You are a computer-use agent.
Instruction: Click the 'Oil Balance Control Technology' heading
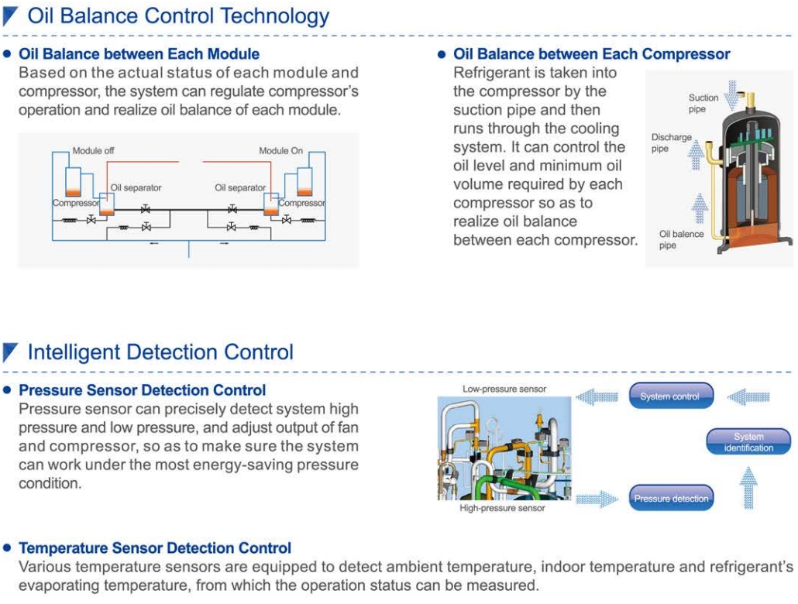(x=178, y=15)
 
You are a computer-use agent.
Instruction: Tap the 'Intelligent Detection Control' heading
(x=160, y=352)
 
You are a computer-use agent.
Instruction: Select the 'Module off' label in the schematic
(x=93, y=151)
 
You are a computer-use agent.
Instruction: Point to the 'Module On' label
(x=280, y=151)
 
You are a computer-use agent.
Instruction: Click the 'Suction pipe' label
(x=703, y=103)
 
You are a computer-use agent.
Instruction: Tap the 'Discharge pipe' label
(x=671, y=143)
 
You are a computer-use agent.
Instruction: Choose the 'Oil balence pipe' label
(x=681, y=240)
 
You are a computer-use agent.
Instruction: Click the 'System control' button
(x=671, y=396)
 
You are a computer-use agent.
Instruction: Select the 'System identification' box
(x=748, y=441)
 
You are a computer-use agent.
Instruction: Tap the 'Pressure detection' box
(x=671, y=498)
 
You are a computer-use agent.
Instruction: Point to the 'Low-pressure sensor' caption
(x=504, y=390)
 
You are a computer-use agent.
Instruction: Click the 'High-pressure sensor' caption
(x=502, y=508)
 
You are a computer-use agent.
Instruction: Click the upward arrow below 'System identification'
(x=748, y=488)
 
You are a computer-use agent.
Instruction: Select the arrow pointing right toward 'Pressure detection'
(x=597, y=499)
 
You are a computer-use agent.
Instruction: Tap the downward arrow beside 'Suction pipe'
(x=731, y=95)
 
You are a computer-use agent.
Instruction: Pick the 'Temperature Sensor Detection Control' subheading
(x=155, y=548)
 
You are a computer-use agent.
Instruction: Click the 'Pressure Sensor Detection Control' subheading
(x=142, y=390)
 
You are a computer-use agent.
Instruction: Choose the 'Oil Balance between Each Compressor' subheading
(x=591, y=54)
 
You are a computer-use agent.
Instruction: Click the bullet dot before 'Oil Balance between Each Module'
(x=7, y=54)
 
